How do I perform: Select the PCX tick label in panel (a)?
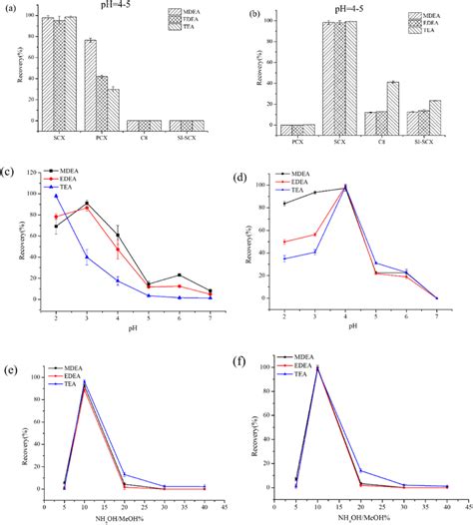(x=90, y=137)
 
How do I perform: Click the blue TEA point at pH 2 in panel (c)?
(x=56, y=196)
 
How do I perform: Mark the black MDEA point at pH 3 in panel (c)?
(x=87, y=204)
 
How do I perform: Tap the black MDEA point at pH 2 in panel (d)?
(x=287, y=204)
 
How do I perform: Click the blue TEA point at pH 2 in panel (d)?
(x=287, y=259)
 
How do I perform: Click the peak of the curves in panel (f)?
(x=318, y=367)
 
